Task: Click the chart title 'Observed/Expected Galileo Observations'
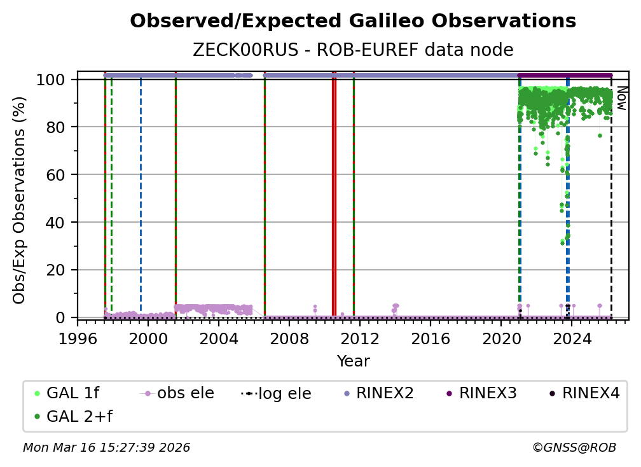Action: click(353, 22)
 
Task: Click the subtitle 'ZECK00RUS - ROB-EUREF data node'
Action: click(353, 50)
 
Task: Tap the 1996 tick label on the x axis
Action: click(78, 338)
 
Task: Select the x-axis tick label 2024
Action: click(571, 338)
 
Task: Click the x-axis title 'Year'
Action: click(353, 361)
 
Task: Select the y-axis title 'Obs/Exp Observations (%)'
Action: click(20, 200)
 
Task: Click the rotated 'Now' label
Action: click(622, 99)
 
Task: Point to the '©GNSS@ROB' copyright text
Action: click(574, 448)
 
